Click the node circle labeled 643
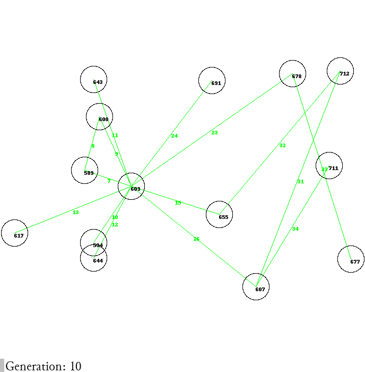click(94, 80)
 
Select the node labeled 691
click(212, 81)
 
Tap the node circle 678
click(292, 74)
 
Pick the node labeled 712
click(341, 71)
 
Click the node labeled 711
click(329, 166)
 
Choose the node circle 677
click(351, 259)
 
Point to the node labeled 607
click(256, 287)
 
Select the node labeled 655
click(219, 214)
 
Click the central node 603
click(132, 187)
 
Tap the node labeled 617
click(14, 233)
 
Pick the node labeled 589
click(84, 171)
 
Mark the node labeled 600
click(99, 117)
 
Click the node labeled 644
click(93, 258)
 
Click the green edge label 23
click(214, 133)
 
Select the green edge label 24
click(175, 136)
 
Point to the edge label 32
click(282, 146)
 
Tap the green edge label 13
click(75, 213)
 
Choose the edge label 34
click(296, 229)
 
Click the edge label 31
click(301, 182)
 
